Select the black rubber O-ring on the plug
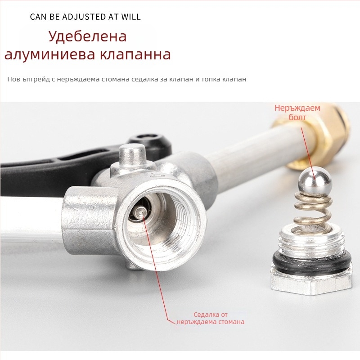(x=312, y=259)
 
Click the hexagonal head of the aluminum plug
(x=311, y=282)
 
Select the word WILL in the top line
(x=131, y=17)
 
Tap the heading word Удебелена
(x=87, y=36)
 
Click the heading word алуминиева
(x=49, y=54)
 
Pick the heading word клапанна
(x=136, y=54)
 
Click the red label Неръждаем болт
(x=297, y=112)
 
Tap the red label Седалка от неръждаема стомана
(x=211, y=318)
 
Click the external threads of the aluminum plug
(x=311, y=241)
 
